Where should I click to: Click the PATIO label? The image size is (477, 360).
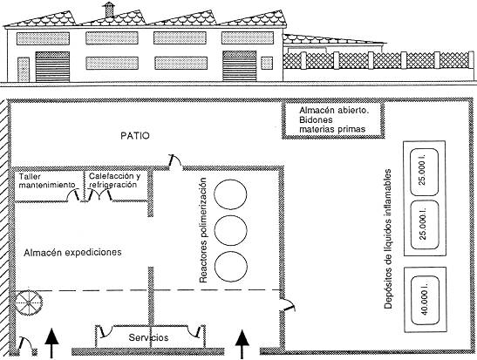(135, 136)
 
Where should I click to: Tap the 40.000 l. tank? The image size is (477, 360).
(425, 300)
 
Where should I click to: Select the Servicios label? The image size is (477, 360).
(148, 337)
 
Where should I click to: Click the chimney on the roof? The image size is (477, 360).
(109, 10)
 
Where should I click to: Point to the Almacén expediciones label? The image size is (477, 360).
(72, 252)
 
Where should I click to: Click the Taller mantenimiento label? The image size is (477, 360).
(47, 180)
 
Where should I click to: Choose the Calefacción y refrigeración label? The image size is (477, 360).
(115, 180)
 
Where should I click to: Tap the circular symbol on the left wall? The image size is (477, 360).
(29, 302)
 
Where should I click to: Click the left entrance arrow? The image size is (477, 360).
(51, 343)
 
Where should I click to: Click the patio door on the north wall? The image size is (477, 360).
(174, 161)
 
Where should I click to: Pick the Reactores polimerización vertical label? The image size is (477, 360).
(203, 230)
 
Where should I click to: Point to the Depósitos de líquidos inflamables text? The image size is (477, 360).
(388, 240)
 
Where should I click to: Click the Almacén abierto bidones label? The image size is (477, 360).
(334, 119)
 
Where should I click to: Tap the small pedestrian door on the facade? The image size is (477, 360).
(24, 70)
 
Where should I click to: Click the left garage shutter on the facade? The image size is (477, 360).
(52, 66)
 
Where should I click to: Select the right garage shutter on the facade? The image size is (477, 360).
(240, 66)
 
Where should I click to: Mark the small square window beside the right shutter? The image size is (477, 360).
(267, 63)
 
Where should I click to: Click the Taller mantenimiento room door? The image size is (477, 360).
(74, 195)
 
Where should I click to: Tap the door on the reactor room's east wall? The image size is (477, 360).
(288, 305)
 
